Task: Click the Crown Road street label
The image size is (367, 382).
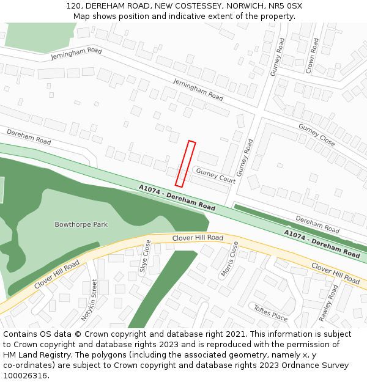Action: click(312, 56)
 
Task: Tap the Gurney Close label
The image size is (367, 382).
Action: click(316, 134)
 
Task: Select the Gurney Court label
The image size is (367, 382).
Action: click(215, 175)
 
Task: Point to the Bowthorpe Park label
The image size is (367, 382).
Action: click(81, 224)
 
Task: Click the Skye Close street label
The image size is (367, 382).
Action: click(145, 255)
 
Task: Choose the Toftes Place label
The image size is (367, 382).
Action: click(270, 313)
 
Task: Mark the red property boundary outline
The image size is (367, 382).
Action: click(185, 164)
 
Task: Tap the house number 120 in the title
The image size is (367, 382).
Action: click(74, 6)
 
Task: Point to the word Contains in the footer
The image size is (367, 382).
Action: click(20, 334)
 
